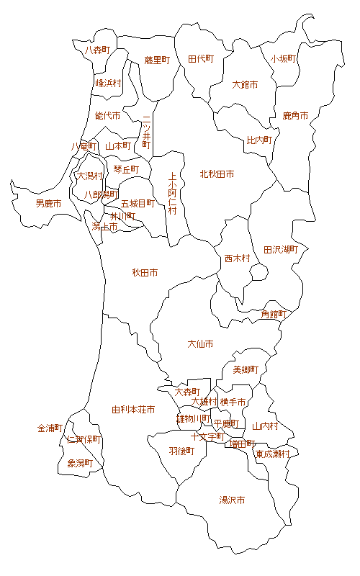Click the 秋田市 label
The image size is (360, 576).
[x=145, y=273]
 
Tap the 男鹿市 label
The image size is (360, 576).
[x=48, y=204]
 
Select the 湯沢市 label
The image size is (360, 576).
[x=232, y=500]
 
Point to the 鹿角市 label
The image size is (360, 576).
[x=295, y=115]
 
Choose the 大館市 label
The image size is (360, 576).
[x=245, y=84]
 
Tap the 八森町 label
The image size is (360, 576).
[x=97, y=50]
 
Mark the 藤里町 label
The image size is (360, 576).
[x=156, y=60]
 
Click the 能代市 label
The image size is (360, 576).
[x=107, y=115]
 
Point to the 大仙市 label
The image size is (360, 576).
[x=200, y=344]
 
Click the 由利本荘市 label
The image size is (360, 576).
[x=133, y=410]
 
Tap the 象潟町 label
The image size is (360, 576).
[x=80, y=463]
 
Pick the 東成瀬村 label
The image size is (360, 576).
[x=272, y=454]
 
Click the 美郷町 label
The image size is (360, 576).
[x=245, y=370]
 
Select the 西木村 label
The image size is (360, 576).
[x=236, y=258]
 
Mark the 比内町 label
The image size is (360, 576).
[x=259, y=140]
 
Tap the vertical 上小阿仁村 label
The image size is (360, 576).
[x=172, y=194]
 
